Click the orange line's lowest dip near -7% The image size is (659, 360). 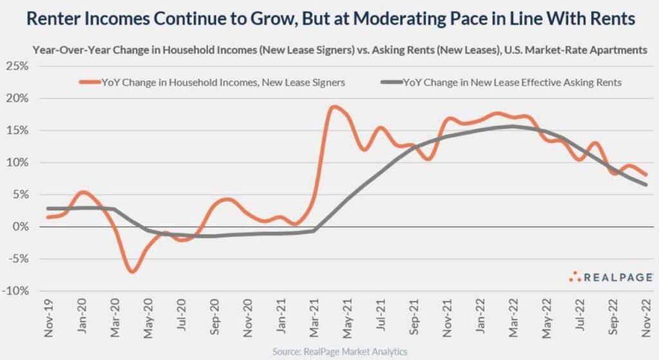click(x=132, y=272)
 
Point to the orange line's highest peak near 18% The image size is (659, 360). click(x=333, y=107)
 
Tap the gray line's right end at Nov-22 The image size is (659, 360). click(x=645, y=185)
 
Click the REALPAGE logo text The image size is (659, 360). click(x=618, y=277)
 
